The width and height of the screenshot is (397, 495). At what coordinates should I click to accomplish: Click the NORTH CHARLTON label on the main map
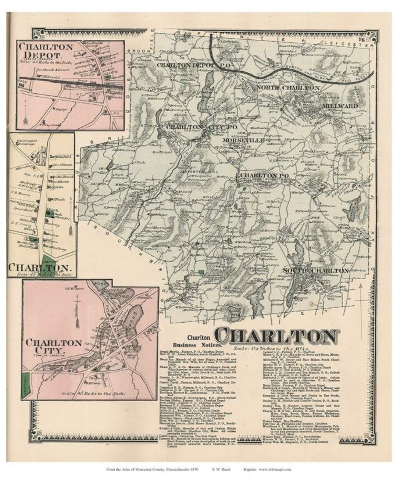(x=288, y=88)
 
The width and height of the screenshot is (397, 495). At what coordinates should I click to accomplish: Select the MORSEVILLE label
(x=243, y=140)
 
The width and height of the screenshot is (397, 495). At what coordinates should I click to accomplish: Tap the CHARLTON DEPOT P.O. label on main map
(x=188, y=65)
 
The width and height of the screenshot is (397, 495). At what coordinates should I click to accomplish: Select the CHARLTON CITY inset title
(x=54, y=346)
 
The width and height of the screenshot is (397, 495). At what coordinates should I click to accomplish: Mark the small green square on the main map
(x=201, y=272)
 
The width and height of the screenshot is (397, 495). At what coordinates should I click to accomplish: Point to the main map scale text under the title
(x=272, y=348)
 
